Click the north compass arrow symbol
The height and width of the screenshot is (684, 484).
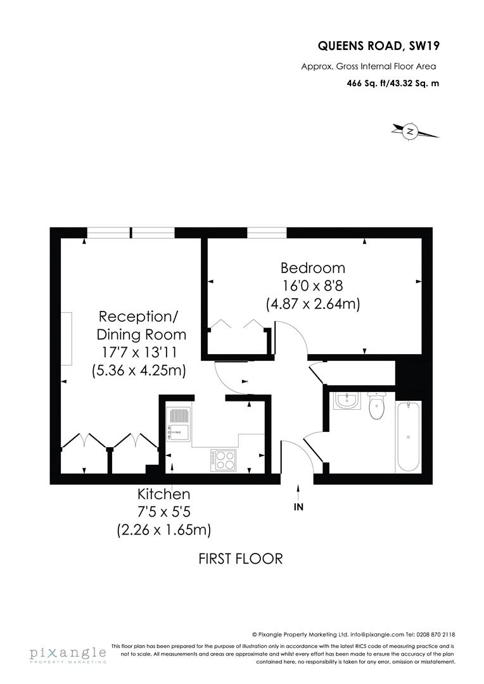pos(411,132)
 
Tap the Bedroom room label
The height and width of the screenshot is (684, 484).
pos(313,268)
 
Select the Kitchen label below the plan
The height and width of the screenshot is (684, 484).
pos(164,494)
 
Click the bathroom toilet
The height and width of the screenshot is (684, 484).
pos(376,407)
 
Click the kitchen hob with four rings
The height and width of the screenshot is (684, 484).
pos(223,459)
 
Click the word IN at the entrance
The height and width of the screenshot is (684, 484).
pos(299,507)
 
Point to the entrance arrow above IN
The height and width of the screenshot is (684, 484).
pos(299,492)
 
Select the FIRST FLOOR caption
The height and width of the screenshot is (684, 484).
pos(240,559)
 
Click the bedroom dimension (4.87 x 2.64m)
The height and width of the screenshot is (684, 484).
pos(313,304)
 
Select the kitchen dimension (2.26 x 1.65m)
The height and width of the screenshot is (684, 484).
pos(164,529)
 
